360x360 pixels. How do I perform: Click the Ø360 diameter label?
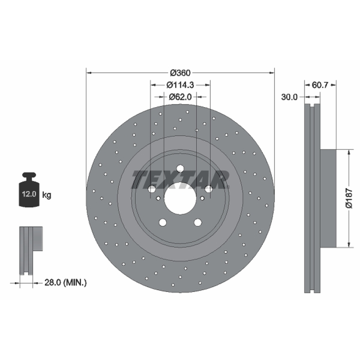coord(180,73)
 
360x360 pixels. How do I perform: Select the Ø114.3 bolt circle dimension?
coord(180,85)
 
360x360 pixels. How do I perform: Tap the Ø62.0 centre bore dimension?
coord(180,97)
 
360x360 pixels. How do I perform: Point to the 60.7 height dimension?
coord(320,85)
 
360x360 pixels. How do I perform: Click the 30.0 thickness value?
coord(289,97)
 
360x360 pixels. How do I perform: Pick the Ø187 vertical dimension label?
coord(349,198)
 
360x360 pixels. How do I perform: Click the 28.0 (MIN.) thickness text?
coord(65,283)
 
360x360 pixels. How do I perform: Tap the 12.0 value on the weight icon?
coord(29,194)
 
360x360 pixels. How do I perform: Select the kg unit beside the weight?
coord(47,195)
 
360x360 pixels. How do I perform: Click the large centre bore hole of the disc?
coord(180,198)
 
